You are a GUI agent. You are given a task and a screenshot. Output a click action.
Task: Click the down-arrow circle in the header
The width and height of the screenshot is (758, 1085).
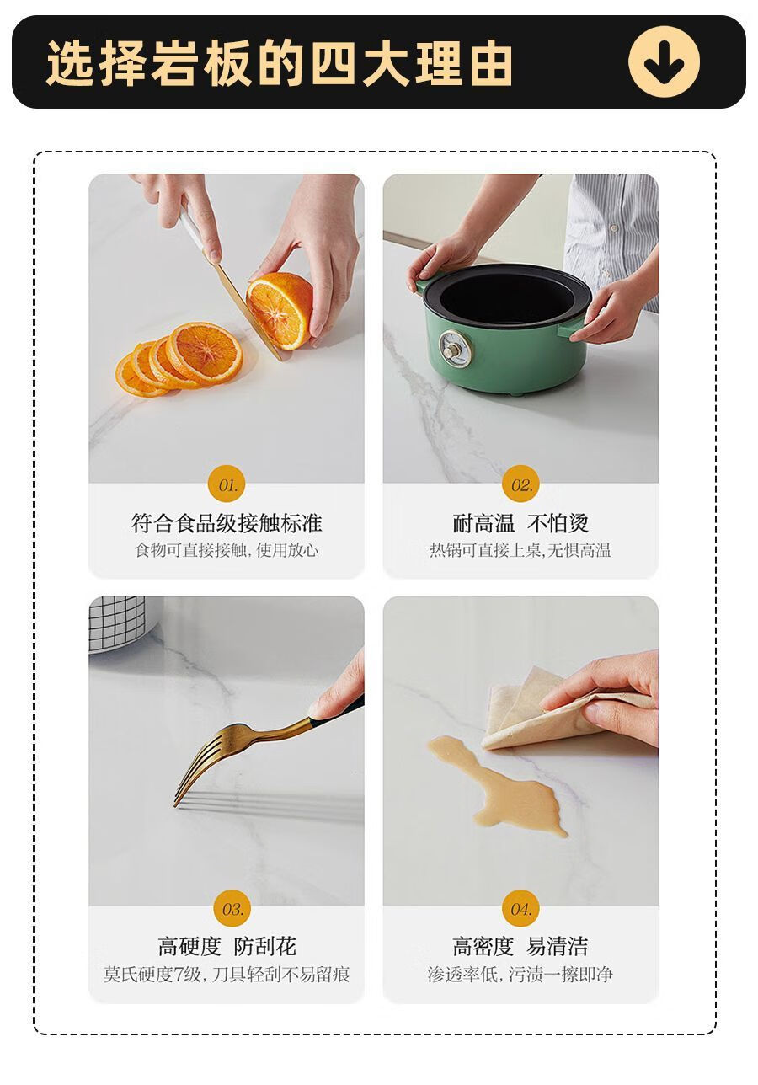point(664,61)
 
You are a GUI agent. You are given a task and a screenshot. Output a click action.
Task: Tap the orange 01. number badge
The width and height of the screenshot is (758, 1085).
point(227,485)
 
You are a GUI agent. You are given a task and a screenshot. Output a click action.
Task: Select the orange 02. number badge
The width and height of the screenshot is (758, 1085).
point(521,485)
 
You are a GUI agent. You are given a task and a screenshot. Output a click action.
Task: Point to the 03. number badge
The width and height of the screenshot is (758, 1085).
point(232,909)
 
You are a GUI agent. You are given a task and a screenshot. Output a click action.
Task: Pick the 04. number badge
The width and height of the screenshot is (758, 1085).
point(520,909)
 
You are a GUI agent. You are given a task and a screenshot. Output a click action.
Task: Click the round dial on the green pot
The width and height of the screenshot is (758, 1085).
point(454,348)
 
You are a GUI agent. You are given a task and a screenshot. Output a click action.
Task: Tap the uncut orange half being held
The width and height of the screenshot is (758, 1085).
point(280,310)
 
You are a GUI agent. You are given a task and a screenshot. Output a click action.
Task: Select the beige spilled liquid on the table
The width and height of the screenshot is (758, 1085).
point(499,785)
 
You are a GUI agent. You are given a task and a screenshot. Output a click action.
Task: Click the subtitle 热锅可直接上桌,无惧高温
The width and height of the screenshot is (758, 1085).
point(520,550)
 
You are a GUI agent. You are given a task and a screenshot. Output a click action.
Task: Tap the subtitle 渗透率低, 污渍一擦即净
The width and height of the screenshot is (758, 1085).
point(520,974)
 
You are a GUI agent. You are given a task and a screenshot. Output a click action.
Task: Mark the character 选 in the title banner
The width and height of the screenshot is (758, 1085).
point(71,63)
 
